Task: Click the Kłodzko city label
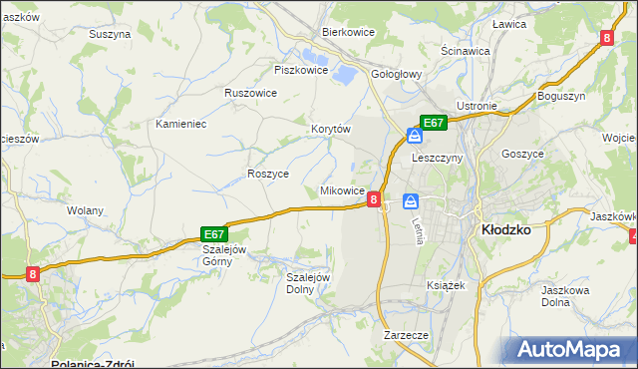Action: point(505,228)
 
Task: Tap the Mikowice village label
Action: point(341,189)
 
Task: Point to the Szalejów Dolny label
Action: point(308,283)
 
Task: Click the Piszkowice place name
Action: point(301,70)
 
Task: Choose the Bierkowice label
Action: point(348,31)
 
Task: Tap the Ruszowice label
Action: point(250,92)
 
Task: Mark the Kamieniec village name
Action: point(180,124)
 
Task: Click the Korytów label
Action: point(332,129)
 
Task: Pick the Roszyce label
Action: point(267,173)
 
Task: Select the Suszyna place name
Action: point(110,33)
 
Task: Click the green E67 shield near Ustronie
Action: point(432,123)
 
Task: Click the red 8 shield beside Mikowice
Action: point(373,199)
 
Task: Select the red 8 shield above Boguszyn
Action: point(607,39)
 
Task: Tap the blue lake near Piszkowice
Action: point(344,73)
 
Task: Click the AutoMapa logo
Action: point(571,350)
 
